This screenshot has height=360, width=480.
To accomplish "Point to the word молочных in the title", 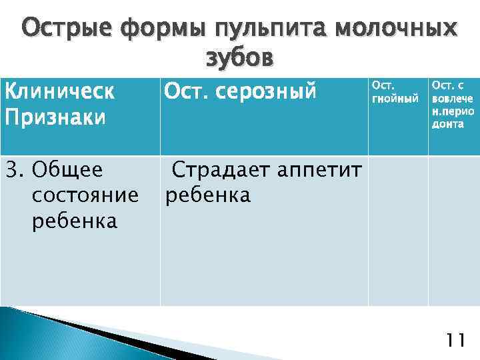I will [x=397, y=29].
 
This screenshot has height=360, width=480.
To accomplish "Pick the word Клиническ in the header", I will [x=59, y=91].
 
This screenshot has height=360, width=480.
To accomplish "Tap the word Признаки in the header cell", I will [x=55, y=117].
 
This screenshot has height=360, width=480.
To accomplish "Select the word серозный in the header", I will [x=269, y=93].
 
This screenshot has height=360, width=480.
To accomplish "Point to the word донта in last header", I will [x=448, y=125].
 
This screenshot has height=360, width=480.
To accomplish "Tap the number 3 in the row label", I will [x=10, y=171].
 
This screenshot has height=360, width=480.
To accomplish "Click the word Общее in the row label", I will [x=67, y=171].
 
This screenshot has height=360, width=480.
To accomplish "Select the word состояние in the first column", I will [x=85, y=196].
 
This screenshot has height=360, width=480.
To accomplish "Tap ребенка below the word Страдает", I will [x=207, y=195].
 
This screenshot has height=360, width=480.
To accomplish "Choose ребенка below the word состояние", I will [x=74, y=221].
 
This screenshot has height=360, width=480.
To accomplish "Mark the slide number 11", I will [x=455, y=341].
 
